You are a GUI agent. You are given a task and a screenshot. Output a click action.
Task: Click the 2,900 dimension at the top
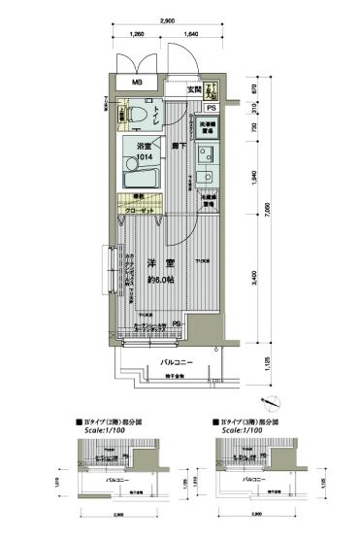point(168,19)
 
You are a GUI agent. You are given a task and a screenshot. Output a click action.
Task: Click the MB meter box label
point(138,84)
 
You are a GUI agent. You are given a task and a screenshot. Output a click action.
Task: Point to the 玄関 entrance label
point(194,89)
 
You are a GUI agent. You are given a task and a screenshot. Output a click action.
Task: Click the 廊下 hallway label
point(180,144)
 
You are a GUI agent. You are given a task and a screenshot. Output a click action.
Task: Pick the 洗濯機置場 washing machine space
point(208,127)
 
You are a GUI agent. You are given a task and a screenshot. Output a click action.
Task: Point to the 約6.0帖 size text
point(158,280)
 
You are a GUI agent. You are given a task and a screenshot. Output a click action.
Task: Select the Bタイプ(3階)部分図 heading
point(253,423)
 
